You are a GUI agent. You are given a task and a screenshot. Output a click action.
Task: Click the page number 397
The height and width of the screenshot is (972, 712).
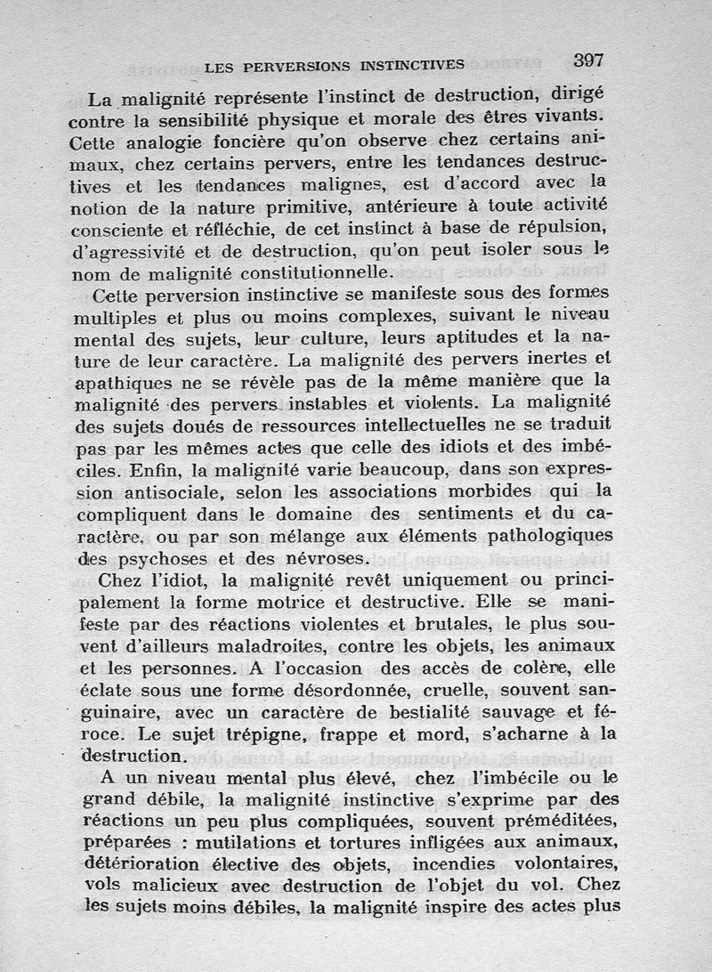[588, 61]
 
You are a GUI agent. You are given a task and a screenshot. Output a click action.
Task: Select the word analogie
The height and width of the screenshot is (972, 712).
[163, 141]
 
